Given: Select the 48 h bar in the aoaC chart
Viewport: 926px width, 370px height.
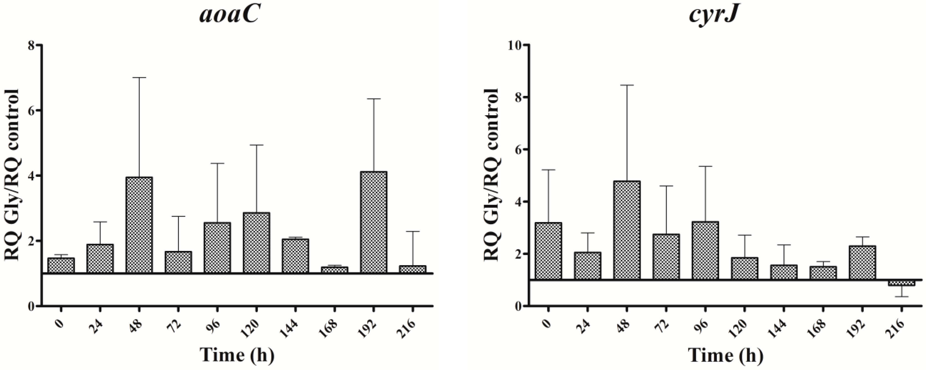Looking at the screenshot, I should tap(139, 225).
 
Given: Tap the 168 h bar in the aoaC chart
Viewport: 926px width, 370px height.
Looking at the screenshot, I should tap(335, 270).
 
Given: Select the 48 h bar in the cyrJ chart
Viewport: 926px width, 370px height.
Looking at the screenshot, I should tap(627, 230).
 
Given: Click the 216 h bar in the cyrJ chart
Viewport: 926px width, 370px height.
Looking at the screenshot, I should tap(901, 283).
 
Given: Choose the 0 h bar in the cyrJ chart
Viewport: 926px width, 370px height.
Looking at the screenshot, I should tap(548, 251).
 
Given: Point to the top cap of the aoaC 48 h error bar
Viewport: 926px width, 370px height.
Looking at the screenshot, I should tap(139, 77).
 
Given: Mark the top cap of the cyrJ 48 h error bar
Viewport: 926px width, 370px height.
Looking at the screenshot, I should tap(627, 85).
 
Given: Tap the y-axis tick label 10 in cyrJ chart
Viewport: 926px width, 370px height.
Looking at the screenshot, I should tap(515, 45).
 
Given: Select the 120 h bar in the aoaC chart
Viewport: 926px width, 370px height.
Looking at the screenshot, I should tap(257, 243).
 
